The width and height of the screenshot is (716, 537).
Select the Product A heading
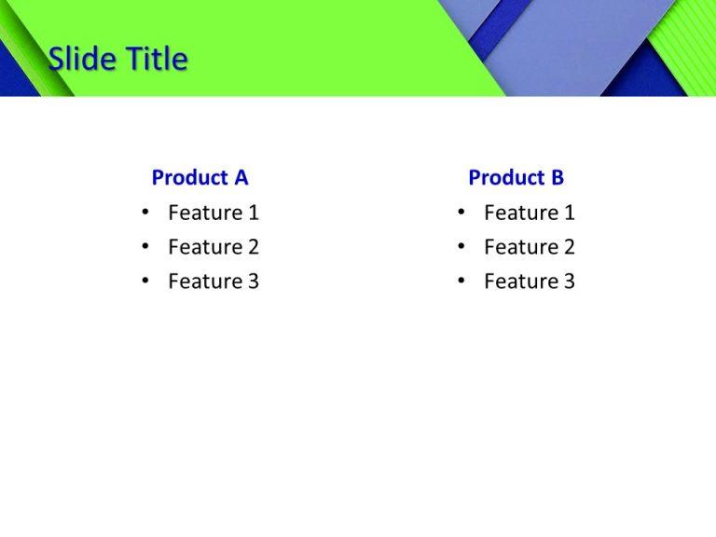click(200, 177)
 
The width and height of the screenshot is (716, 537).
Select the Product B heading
click(516, 177)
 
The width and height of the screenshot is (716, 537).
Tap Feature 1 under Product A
click(213, 213)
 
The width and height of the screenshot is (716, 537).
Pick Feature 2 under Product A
click(213, 247)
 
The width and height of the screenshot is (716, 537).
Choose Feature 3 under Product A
click(213, 282)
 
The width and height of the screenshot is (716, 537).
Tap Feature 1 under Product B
click(529, 213)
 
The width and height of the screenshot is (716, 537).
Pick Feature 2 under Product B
click(529, 247)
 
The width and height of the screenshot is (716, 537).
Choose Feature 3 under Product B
click(529, 282)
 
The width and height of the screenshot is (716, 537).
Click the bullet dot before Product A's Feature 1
click(145, 213)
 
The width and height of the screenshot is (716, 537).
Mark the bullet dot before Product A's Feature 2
click(145, 247)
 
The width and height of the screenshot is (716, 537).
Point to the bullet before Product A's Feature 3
click(145, 282)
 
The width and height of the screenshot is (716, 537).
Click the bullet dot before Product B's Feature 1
click(461, 213)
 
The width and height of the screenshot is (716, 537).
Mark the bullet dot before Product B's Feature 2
click(461, 247)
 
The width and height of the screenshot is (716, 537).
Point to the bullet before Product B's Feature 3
click(461, 282)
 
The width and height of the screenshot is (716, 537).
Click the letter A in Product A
click(241, 177)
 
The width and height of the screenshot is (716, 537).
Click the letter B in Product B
click(557, 177)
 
